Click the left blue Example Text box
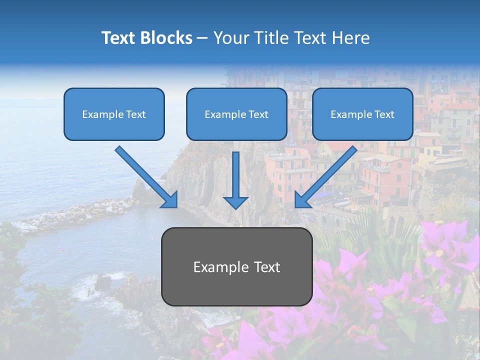114,114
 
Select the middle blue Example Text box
236,114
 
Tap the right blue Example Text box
362,114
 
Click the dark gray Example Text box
236,266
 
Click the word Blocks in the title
167,38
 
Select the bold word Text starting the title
120,38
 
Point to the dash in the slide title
202,38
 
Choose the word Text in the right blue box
384,114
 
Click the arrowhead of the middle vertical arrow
235,202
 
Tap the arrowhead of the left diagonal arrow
170,200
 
